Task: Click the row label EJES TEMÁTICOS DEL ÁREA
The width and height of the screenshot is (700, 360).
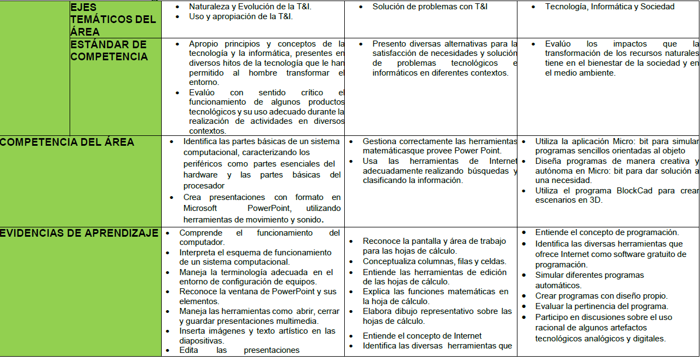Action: point(113,19)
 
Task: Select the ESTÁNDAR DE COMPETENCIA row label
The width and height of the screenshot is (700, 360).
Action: point(109,50)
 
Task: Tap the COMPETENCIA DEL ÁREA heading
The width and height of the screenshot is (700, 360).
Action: point(67,142)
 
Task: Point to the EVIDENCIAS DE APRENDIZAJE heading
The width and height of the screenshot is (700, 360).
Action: point(79,233)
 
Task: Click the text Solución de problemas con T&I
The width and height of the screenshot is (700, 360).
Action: point(430,7)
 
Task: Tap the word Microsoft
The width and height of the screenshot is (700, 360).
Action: point(201,208)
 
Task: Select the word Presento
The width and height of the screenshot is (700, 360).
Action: point(388,43)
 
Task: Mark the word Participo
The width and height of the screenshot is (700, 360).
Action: point(553,317)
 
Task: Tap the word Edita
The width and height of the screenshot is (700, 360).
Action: point(189,350)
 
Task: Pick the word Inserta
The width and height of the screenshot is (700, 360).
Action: point(192,331)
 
